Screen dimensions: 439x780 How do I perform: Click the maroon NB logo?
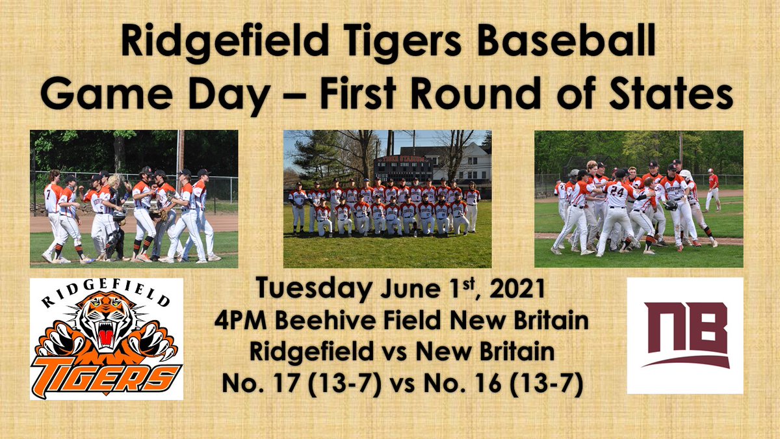coord(685,336)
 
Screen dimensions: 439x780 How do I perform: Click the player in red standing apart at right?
coord(713,188)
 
